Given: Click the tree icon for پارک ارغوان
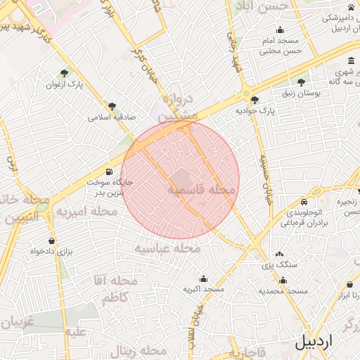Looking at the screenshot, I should [x=65, y=73].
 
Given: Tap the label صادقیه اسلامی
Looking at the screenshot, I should [x=112, y=117].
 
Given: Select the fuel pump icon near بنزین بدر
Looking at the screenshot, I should [x=109, y=171].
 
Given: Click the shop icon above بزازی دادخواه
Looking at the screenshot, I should [x=51, y=240].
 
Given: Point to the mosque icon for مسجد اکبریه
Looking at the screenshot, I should [x=203, y=278].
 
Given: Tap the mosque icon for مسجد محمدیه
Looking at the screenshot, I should [x=283, y=280].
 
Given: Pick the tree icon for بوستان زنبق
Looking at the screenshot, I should [x=302, y=82].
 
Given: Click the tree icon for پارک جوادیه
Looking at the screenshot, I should [x=255, y=100].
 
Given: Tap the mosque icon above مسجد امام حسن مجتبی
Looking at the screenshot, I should [x=281, y=30].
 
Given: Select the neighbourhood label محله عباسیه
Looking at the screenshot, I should [x=168, y=249].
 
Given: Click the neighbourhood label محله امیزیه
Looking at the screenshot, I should [x=87, y=211].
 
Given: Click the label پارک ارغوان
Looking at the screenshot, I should [x=85, y=84].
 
